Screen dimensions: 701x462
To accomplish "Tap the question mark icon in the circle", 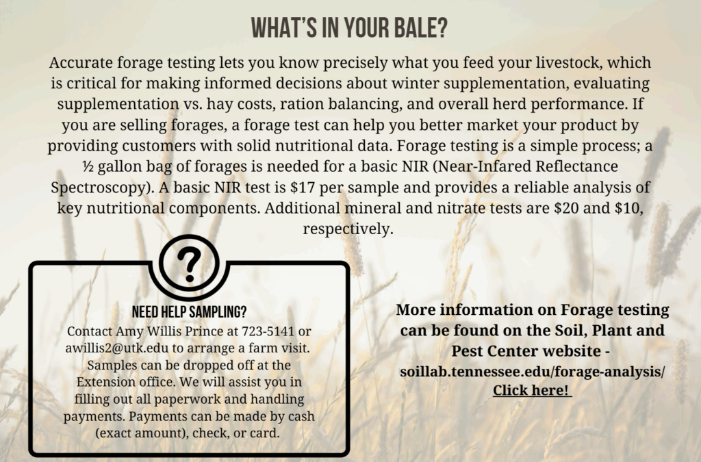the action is [x=189, y=265].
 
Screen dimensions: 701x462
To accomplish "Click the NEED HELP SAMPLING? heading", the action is [x=189, y=312].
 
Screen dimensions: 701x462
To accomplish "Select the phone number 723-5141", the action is [x=268, y=331].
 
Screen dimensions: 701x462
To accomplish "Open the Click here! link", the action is [x=532, y=390].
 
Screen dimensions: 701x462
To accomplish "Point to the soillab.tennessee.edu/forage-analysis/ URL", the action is [x=532, y=371].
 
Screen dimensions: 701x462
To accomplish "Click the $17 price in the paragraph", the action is [x=302, y=188].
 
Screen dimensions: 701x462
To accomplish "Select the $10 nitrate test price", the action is [x=628, y=208].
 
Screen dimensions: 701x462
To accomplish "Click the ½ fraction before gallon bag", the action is [x=88, y=166].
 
